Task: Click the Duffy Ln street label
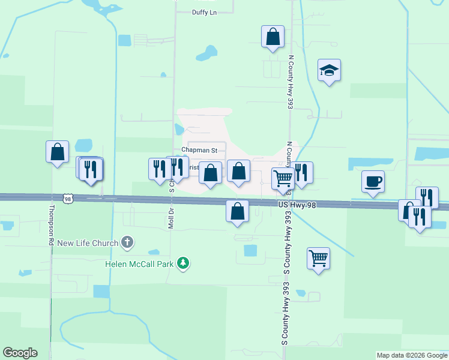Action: [203, 13]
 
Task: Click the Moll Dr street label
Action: [171, 211]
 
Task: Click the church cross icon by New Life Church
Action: [127, 242]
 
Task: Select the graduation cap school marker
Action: [329, 71]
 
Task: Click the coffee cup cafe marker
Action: [373, 181]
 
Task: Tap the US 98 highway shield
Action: [68, 198]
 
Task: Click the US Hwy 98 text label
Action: [297, 205]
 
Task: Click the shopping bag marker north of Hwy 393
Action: [273, 37]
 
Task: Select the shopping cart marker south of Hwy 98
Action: [318, 259]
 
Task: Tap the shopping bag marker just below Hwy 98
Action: [238, 211]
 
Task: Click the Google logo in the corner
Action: [20, 353]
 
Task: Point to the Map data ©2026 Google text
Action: [412, 355]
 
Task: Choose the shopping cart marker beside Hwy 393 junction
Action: [283, 178]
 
